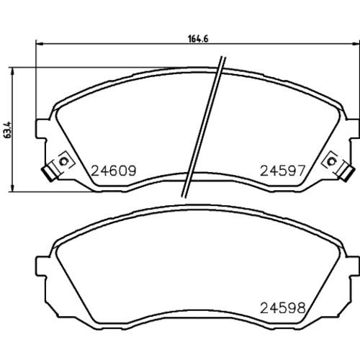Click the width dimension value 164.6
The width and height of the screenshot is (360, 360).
click(x=198, y=39)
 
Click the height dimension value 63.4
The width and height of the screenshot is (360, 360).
click(x=8, y=130)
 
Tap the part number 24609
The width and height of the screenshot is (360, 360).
click(x=114, y=171)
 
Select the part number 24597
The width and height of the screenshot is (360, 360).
click(x=283, y=171)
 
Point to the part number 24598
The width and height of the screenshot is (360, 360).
click(x=283, y=307)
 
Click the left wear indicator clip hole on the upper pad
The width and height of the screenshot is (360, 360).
click(x=64, y=161)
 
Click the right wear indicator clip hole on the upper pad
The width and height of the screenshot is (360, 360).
click(x=332, y=161)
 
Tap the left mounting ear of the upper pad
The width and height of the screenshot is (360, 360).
click(x=41, y=129)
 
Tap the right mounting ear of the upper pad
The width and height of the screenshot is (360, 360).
click(x=354, y=129)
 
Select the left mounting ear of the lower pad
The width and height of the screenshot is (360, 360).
click(x=41, y=266)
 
